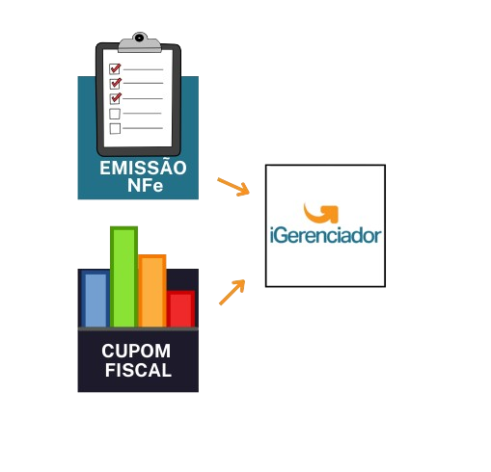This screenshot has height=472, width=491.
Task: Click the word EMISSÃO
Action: (143, 168)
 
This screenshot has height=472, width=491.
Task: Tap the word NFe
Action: (145, 185)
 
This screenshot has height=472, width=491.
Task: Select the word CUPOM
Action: (136, 351)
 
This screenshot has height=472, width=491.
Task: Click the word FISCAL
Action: (138, 370)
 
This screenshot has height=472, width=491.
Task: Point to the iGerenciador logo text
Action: (325, 235)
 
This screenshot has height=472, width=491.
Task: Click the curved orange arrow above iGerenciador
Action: (321, 213)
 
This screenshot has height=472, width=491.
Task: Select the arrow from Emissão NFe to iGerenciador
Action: (233, 187)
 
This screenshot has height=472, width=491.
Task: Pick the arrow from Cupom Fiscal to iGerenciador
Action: (232, 292)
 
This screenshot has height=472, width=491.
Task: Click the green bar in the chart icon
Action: (123, 276)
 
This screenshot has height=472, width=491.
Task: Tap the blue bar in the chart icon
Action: (95, 299)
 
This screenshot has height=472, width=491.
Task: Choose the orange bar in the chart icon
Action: (152, 291)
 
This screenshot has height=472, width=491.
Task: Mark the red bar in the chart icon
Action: (180, 309)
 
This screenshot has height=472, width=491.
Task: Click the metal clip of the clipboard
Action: (140, 42)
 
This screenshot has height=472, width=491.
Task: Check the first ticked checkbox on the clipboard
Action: (115, 68)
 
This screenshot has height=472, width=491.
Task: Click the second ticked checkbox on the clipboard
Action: (116, 84)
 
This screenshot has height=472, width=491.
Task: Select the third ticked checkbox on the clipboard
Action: (116, 98)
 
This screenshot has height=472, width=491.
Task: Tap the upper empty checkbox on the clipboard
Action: (115, 114)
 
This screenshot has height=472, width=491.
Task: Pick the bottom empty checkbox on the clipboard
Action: (115, 128)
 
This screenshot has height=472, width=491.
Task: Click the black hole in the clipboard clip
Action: (139, 38)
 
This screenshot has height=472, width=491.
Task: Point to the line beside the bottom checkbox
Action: (143, 128)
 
